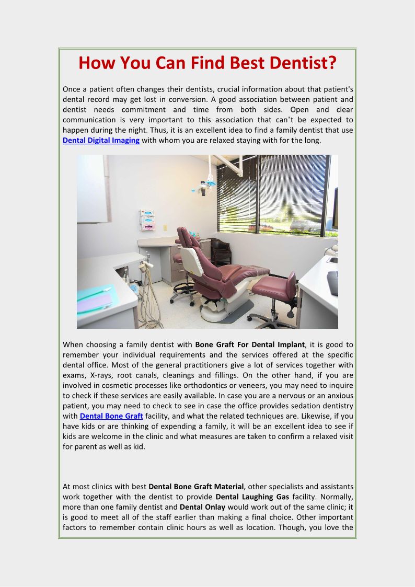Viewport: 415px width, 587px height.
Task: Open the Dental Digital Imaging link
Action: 101,140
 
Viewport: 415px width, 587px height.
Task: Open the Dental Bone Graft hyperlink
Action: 111,416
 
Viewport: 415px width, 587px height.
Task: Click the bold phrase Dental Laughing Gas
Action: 252,496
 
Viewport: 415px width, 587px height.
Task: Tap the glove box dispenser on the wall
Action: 148,220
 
